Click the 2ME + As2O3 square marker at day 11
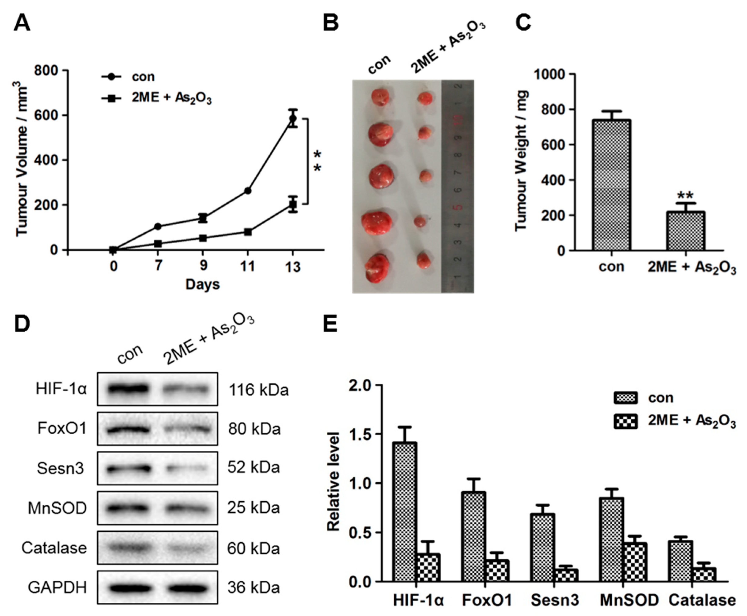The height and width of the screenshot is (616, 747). [248, 232]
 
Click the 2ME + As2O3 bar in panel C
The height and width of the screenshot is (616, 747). [685, 231]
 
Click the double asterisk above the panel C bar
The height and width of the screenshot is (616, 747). [685, 196]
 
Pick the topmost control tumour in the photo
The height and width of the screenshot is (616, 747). [380, 97]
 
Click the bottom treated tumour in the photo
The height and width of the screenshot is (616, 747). [424, 261]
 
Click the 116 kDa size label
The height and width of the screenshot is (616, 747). [258, 390]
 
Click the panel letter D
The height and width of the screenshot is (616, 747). [22, 324]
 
